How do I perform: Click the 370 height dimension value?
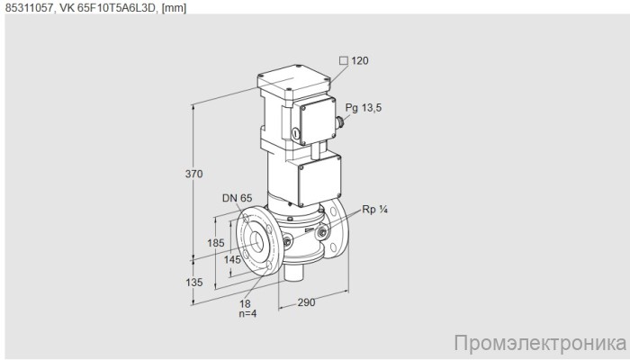194,174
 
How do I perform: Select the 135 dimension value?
194,283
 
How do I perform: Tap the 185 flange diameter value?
216,243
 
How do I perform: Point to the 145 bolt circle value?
232,259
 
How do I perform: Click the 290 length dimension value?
306,302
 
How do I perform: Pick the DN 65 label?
237,198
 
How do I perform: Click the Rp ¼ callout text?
375,210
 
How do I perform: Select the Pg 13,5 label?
364,108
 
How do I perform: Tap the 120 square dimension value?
360,60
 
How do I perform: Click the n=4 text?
247,313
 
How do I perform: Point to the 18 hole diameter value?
245,304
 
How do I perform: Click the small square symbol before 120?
344,60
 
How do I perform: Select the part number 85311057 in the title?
30,8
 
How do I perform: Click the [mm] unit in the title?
174,8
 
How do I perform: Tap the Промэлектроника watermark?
540,344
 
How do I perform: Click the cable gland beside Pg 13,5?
340,121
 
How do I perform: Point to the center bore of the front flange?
256,241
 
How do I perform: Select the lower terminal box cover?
319,180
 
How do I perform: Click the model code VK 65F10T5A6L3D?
108,8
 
